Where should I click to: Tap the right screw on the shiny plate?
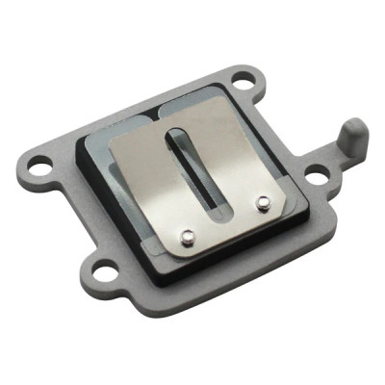[x=261, y=202]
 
